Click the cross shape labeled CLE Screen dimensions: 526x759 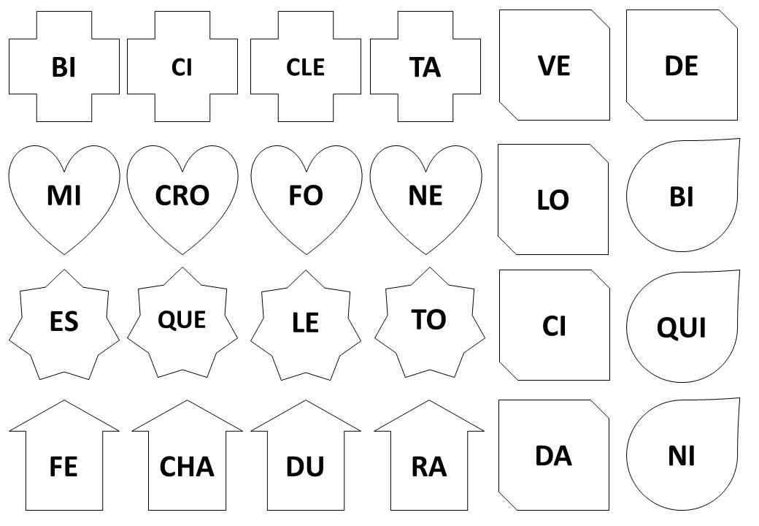pyautogui.click(x=305, y=67)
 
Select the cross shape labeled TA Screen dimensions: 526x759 pyautogui.click(x=425, y=67)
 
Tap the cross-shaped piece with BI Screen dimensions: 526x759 pyautogui.click(x=64, y=67)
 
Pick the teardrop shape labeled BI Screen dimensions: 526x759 pyautogui.click(x=682, y=197)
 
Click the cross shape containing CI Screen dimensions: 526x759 pyautogui.click(x=182, y=67)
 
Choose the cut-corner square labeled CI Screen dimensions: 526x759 pyautogui.click(x=554, y=326)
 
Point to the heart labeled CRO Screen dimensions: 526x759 pyautogui.click(x=182, y=195)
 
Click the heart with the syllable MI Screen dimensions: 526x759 pyautogui.click(x=63, y=195)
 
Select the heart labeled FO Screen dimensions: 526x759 pyautogui.click(x=306, y=195)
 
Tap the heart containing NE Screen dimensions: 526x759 pyautogui.click(x=425, y=195)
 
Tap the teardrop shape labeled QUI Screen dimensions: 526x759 pyautogui.click(x=682, y=327)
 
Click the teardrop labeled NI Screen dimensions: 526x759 pyautogui.click(x=682, y=457)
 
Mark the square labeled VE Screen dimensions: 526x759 pyautogui.click(x=554, y=66)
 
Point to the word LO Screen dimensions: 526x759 pyautogui.click(x=552, y=200)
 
